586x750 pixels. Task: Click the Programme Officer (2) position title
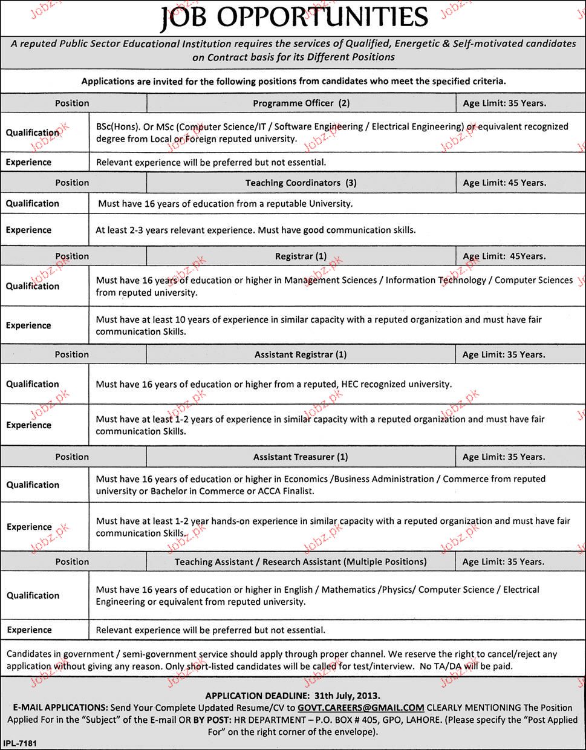tap(301, 103)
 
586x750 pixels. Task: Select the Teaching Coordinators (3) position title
tap(301, 183)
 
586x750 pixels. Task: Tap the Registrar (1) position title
tap(301, 256)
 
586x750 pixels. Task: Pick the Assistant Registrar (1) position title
tap(301, 355)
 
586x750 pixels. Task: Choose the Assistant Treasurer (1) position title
tap(301, 457)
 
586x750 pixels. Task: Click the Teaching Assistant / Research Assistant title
tap(301, 562)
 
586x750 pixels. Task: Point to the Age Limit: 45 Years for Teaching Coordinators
tap(504, 183)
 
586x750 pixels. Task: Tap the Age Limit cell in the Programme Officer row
tap(504, 103)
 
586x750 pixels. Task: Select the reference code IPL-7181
tap(20, 743)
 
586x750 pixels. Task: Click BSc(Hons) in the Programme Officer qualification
tap(118, 127)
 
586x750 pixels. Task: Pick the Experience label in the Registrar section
tap(28, 325)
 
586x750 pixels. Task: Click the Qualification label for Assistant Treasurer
tap(33, 485)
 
